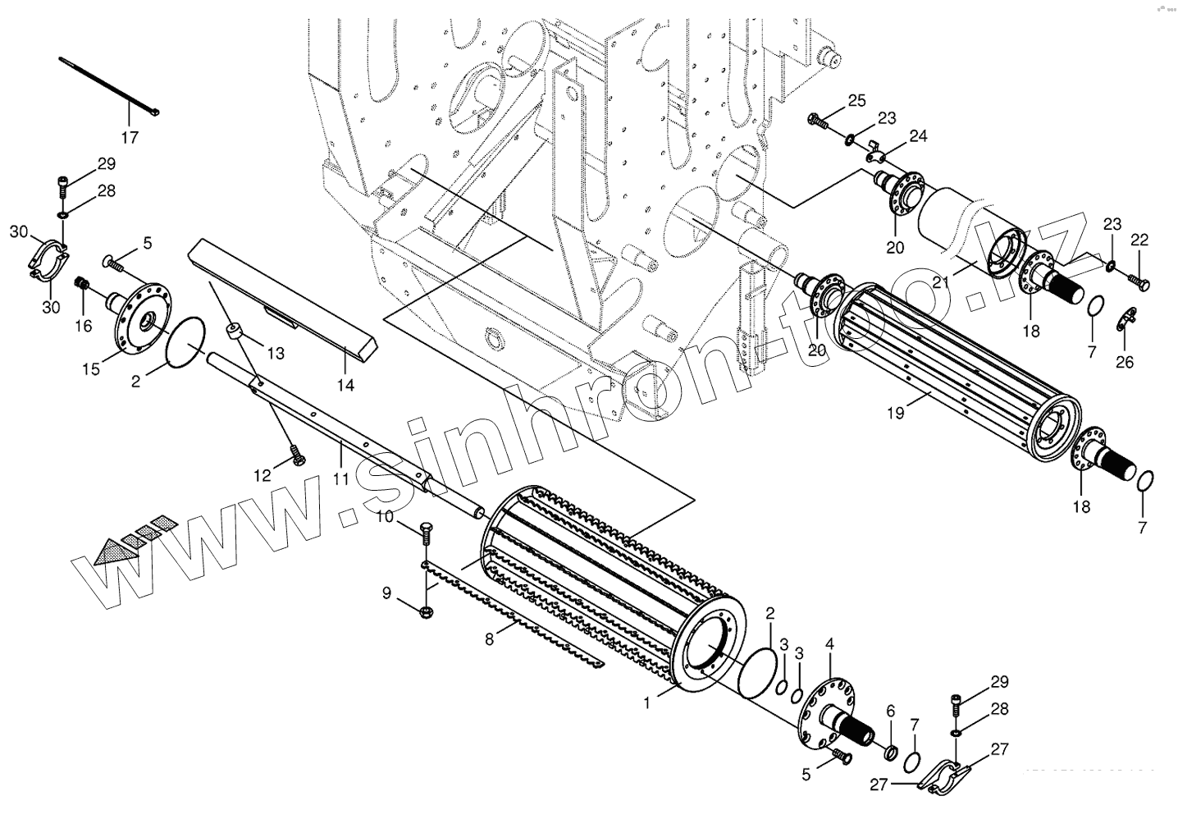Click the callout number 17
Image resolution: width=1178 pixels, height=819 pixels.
pos(130,137)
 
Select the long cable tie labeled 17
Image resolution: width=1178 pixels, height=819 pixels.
pos(107,84)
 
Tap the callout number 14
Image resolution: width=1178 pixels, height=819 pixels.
pos(345,384)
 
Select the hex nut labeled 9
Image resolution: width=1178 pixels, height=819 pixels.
pos(426,611)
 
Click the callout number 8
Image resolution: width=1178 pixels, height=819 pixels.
pos(491,638)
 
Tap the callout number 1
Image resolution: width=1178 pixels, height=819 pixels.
pos(648,702)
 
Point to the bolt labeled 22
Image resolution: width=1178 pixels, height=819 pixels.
pos(1139,281)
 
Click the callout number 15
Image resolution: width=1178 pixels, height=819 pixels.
pos(90,368)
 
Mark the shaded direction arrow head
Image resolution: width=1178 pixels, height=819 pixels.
pos(106,553)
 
